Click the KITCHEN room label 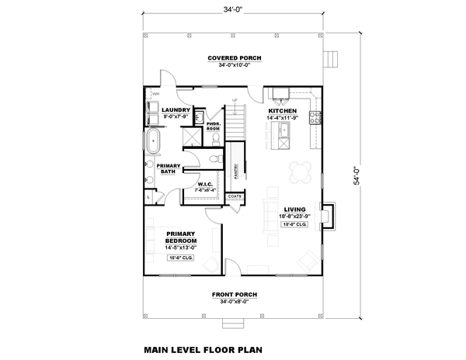[x=280, y=112]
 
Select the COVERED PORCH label [x=234, y=59]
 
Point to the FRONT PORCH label [x=234, y=295]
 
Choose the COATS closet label [x=235, y=197]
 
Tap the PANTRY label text [x=235, y=172]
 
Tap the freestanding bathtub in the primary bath [x=154, y=143]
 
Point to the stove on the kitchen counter [x=316, y=118]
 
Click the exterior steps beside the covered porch [x=333, y=60]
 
